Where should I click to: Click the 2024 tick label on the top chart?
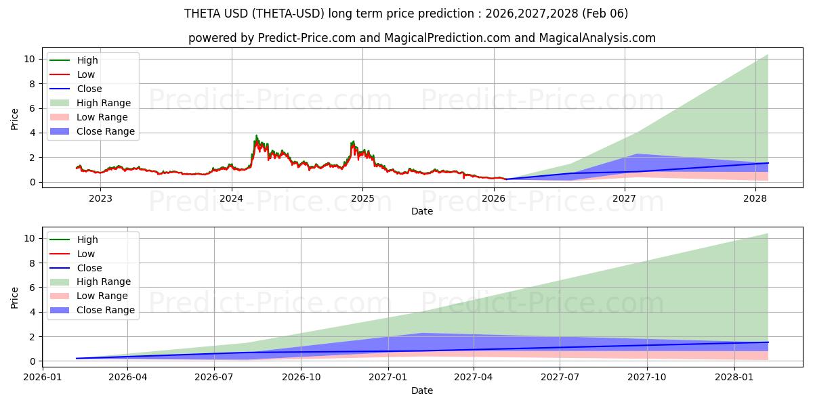(232, 198)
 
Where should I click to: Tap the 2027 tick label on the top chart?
(624, 198)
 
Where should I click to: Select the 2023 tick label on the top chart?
(101, 198)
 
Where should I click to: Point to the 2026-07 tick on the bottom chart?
(214, 378)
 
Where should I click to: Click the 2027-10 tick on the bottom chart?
(647, 378)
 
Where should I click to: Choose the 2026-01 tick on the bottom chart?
(42, 378)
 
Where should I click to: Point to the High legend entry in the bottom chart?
(87, 240)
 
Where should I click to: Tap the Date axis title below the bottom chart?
(421, 390)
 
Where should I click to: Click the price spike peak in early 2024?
(256, 136)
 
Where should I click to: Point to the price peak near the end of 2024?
(353, 141)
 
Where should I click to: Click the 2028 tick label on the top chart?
(755, 198)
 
